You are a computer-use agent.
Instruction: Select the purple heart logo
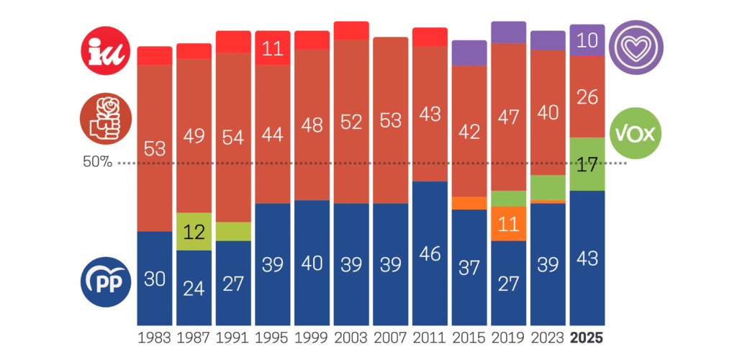point(636,45)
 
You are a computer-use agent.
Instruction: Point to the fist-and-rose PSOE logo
point(106,119)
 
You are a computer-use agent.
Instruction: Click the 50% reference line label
point(98,162)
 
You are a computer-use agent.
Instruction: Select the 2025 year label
point(587,338)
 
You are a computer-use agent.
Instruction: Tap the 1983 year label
point(155,338)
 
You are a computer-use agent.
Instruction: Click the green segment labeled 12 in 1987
point(194,232)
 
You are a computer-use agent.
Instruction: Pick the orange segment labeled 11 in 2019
point(509,224)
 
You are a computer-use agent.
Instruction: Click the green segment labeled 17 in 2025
point(587,164)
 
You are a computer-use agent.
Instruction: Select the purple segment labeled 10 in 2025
point(587,40)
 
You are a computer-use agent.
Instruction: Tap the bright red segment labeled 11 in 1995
point(272,48)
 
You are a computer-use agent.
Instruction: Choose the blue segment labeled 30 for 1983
point(155,278)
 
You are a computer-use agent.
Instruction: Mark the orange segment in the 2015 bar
point(469,203)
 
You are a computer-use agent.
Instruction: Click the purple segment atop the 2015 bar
point(469,53)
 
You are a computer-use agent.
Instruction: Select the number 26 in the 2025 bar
point(587,96)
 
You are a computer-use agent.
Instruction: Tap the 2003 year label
point(351,338)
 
